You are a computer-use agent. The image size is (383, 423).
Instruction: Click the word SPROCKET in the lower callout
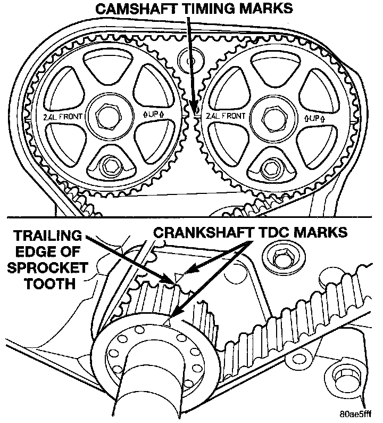(42, 269)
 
